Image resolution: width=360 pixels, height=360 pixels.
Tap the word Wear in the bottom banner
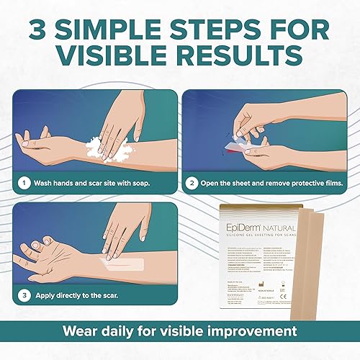82,332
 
